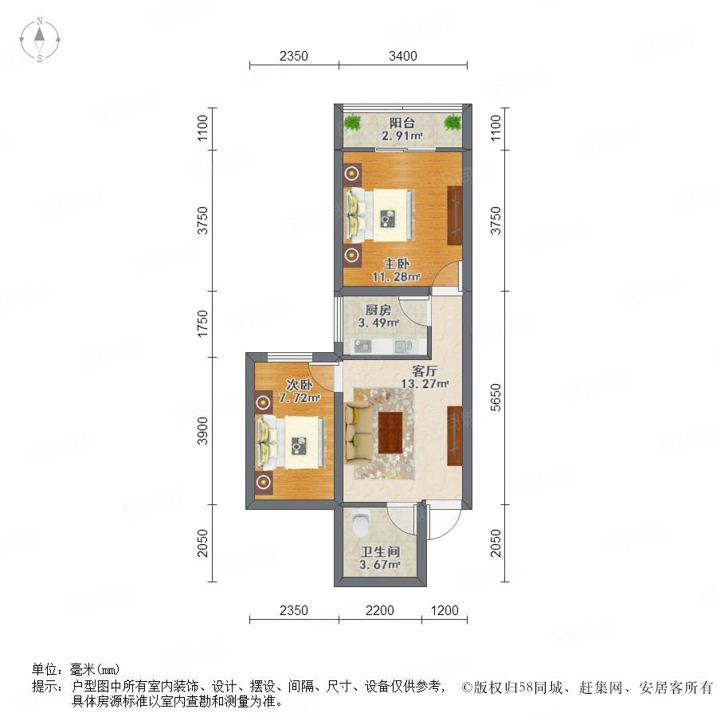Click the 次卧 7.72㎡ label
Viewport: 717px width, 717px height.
point(302,390)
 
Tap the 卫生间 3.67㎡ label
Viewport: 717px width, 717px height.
point(379,558)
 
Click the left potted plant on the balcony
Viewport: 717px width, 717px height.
point(353,123)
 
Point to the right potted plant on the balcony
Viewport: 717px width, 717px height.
point(453,123)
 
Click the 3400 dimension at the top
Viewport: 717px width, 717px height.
point(403,56)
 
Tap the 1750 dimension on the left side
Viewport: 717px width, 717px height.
point(203,323)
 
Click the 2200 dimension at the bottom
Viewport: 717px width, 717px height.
point(380,611)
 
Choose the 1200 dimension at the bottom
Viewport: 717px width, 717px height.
point(445,611)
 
